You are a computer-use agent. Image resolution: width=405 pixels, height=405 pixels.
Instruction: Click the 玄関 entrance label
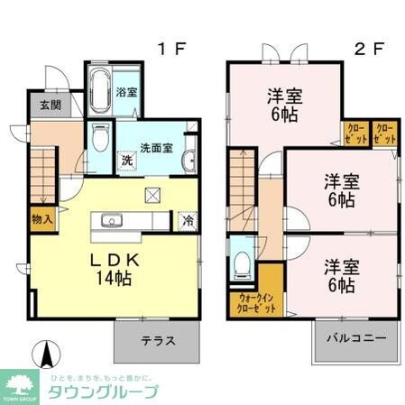pos(50,104)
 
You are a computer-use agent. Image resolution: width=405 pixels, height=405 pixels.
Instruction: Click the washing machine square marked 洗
pos(128,159)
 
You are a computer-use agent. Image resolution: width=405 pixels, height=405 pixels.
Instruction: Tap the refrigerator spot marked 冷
pos(187,219)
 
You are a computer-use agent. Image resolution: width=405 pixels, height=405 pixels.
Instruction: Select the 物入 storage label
pos(41,219)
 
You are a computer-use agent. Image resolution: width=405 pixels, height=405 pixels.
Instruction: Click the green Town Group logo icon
pos(20,383)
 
